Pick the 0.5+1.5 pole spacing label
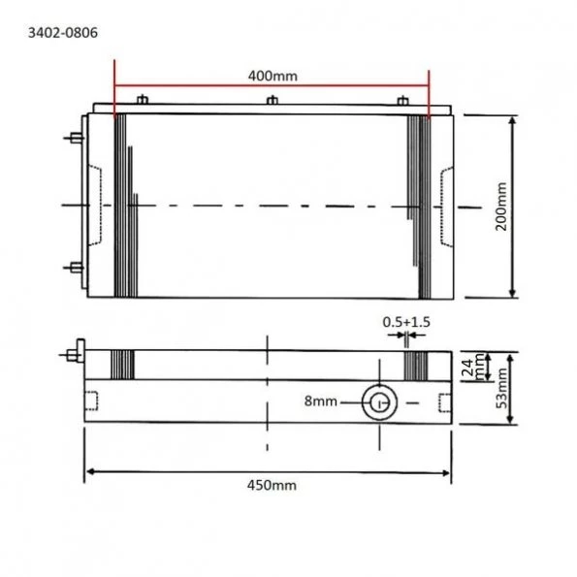(x=406, y=321)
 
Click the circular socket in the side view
(x=377, y=401)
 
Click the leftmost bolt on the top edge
(x=143, y=100)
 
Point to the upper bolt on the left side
(x=74, y=138)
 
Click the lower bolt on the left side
(x=74, y=266)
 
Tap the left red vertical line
(x=114, y=97)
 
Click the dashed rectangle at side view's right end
(x=443, y=401)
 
